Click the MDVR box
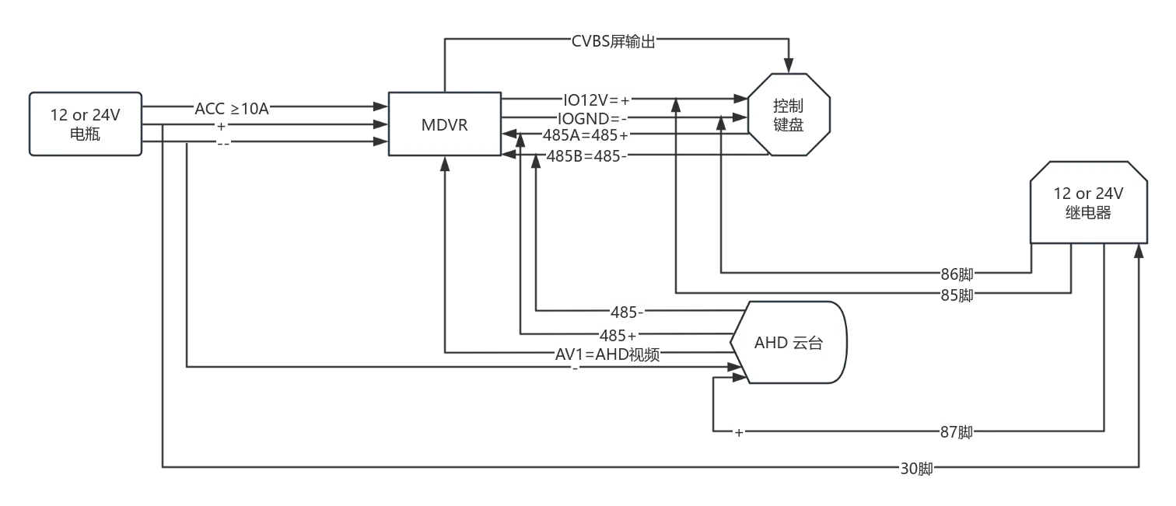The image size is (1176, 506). click(x=445, y=124)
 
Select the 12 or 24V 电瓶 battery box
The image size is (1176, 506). click(x=85, y=124)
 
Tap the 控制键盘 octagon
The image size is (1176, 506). click(x=789, y=114)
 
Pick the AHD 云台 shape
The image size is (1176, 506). click(x=789, y=342)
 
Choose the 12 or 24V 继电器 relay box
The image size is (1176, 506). click(x=1088, y=202)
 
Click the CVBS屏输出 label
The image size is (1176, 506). click(x=613, y=41)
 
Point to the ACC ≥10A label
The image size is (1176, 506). click(x=232, y=109)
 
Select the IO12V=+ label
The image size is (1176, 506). click(x=596, y=99)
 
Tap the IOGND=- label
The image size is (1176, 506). click(x=592, y=119)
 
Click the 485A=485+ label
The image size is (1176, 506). click(x=586, y=135)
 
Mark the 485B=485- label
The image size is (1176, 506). click(x=586, y=156)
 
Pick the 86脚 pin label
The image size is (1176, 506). click(x=957, y=274)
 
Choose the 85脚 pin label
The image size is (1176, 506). click(x=957, y=295)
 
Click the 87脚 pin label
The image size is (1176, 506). click(x=956, y=432)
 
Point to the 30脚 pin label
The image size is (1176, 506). click(x=916, y=468)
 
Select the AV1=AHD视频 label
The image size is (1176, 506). click(x=607, y=354)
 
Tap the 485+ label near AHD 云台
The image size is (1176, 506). click(x=618, y=336)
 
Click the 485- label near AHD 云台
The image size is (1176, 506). click(x=627, y=312)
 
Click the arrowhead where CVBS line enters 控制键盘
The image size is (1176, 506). click(x=789, y=65)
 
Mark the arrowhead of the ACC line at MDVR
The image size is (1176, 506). click(x=380, y=106)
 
